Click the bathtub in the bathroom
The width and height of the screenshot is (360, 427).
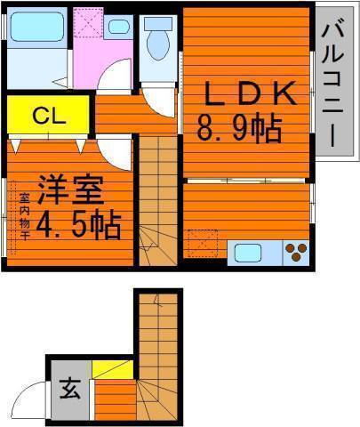coord(37,27)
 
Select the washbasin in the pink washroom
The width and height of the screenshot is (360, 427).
coord(118,26)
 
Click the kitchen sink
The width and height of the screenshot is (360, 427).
coord(248,253)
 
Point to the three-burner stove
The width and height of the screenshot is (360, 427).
coord(297,253)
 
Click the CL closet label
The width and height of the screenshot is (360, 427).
coord(49,117)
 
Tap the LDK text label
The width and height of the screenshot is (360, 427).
coord(251,93)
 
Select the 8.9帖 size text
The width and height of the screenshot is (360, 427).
coord(239,129)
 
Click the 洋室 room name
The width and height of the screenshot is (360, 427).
coord(70,189)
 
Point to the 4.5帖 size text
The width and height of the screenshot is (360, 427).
coord(78,225)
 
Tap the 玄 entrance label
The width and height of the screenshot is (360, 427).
coord(70,389)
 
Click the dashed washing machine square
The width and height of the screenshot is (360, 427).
coord(88,22)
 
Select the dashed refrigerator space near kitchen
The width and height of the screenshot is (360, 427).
coord(203,243)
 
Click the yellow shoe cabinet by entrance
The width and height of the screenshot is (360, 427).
coord(113,369)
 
